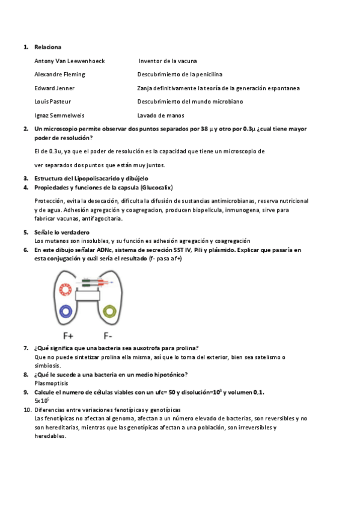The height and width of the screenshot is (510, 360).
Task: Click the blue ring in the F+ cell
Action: pos(66,311)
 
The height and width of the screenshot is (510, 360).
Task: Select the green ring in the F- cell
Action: pos(109,311)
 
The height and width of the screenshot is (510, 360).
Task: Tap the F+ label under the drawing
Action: pos(68,336)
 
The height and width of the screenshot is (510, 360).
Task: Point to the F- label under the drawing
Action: pos(108,336)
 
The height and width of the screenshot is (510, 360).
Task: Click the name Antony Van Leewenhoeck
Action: pos(70,61)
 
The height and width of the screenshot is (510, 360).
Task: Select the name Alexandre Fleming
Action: pos(59,75)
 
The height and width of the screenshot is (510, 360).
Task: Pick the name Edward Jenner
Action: pos(55,88)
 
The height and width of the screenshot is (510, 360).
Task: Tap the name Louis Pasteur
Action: pos(53,102)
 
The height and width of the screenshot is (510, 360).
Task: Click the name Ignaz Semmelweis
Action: pos(59,115)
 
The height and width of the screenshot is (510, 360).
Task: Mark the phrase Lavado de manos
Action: pos(160,115)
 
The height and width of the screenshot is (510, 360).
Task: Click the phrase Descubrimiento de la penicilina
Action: pos(180,75)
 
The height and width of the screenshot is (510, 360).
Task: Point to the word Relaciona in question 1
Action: pos(47,47)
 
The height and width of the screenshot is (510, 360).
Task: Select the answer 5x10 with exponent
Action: pos(41,401)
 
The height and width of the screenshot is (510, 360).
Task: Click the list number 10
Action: pos(27,409)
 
